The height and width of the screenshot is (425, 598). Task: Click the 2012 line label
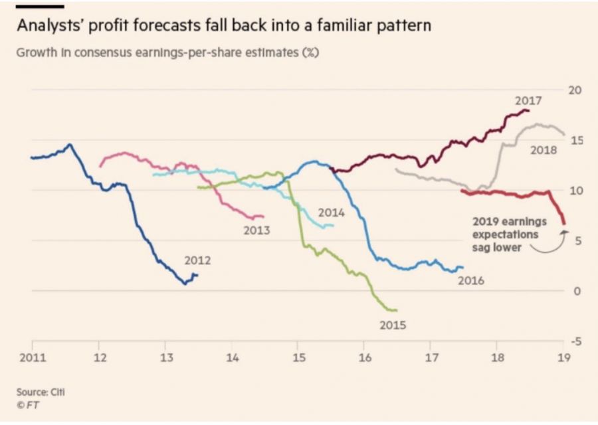point(199,260)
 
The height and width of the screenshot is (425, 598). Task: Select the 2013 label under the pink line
point(256,230)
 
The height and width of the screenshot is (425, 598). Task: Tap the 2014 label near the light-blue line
point(331,213)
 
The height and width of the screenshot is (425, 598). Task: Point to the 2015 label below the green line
point(393,325)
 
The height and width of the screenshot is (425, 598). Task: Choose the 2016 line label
point(470,281)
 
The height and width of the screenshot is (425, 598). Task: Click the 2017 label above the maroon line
point(528,101)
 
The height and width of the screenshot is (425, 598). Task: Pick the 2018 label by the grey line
point(544,151)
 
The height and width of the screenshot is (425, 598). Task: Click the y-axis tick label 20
point(576,90)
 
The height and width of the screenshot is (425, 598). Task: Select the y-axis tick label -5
point(576,341)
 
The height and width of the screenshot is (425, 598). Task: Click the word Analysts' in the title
point(55,27)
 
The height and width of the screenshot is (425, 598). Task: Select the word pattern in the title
point(407,27)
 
